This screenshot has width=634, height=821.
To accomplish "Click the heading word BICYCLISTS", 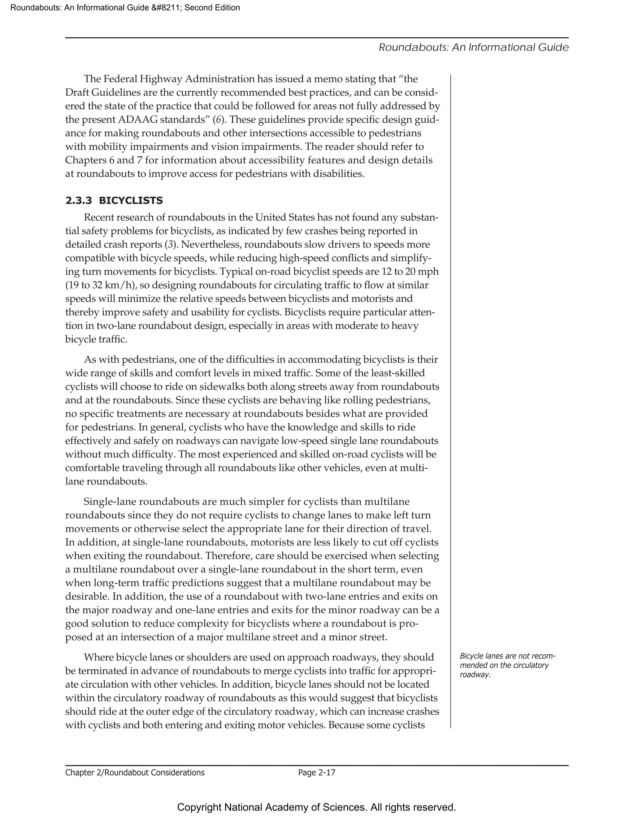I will tap(131, 201).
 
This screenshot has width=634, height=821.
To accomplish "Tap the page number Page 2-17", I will tap(316, 772).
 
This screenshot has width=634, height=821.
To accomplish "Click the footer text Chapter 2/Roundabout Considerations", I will tap(135, 772).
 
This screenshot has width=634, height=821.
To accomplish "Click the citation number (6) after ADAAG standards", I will tap(219, 120).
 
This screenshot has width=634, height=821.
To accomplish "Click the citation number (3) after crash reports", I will tap(171, 244).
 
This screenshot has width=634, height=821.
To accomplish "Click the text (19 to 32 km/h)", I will tap(101, 285).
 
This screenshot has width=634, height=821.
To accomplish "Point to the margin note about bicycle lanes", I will tap(507, 665).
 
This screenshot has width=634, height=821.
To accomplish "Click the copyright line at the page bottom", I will tap(316, 807).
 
